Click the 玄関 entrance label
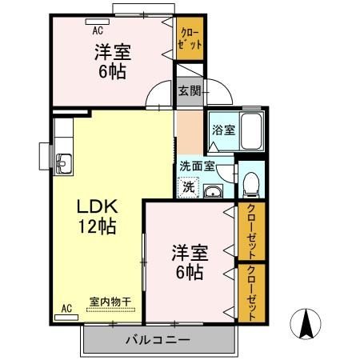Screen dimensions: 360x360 [189, 90]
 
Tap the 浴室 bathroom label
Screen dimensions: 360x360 [222, 130]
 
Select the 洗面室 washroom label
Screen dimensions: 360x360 [196, 166]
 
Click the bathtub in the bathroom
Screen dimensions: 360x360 [254, 130]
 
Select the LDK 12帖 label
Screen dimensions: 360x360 [97, 215]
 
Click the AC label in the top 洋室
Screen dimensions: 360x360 [98, 31]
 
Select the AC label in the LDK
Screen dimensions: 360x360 [66, 307]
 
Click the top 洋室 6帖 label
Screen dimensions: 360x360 [110, 61]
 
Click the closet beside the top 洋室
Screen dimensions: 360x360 [190, 40]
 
